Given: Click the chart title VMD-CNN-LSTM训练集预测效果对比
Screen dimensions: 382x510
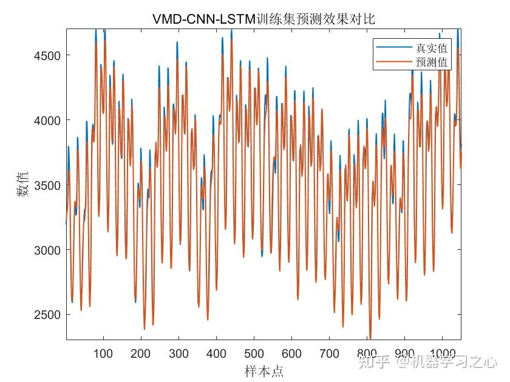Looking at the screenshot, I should [263, 19].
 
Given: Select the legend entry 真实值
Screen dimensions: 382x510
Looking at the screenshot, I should [431, 48].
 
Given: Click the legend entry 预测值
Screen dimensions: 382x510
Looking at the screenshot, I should [431, 62].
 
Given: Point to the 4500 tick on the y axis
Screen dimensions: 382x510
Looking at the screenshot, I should [47, 55].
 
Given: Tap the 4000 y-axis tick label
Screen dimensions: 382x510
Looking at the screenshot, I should [47, 120].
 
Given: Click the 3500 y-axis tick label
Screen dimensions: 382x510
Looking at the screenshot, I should [47, 185].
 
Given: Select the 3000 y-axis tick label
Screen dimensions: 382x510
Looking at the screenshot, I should [47, 250].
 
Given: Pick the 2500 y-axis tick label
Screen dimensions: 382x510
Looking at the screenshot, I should [47, 315].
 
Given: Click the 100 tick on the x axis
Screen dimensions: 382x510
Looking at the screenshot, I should [103, 354].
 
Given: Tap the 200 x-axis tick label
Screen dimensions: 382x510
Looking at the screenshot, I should [141, 354].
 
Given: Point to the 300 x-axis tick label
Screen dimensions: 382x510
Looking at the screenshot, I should [178, 354].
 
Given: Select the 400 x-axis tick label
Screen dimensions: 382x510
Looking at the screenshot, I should [216, 354].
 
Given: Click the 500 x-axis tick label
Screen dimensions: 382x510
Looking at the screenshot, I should [254, 354].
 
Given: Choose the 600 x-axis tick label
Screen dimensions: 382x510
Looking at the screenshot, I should [291, 354].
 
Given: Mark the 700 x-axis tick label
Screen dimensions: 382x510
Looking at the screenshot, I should [329, 354].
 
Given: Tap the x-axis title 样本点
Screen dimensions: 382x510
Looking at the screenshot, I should [263, 371].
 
